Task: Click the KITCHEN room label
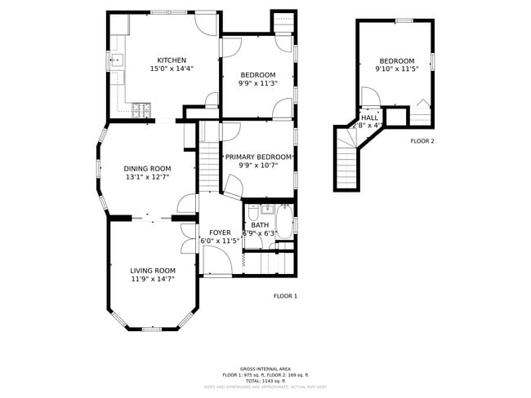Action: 172,60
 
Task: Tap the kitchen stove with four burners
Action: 141,108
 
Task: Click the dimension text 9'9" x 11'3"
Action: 258,83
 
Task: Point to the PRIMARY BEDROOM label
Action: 258,157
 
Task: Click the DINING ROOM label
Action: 147,169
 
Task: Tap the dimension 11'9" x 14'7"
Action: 153,279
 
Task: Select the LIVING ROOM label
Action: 153,271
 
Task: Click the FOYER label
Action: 220,232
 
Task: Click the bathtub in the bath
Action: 284,221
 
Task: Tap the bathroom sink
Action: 254,209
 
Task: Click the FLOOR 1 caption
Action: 285,296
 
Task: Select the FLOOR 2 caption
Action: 422,141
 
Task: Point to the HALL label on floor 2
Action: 369,117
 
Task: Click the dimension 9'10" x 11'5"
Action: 396,69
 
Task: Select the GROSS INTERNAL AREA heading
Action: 265,369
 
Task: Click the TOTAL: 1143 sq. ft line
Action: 265,381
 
